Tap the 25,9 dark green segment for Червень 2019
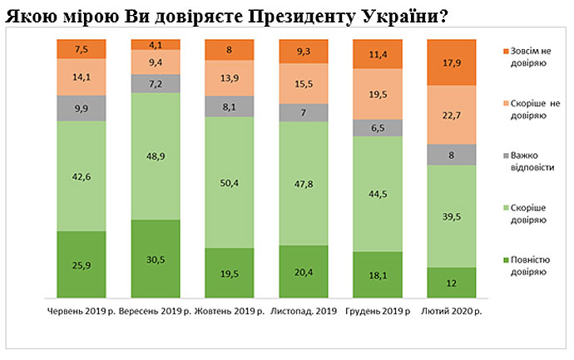click(81, 264)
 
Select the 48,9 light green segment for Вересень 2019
click(155, 155)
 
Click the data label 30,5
click(155, 259)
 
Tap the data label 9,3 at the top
click(303, 52)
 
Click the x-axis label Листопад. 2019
click(303, 311)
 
